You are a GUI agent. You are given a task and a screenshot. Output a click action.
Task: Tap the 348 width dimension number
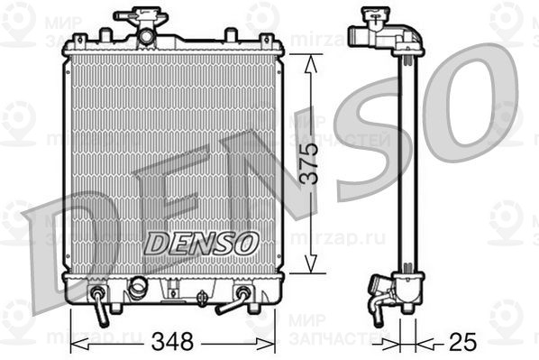[173, 342]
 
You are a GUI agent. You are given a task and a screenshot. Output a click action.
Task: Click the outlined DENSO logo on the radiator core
[203, 242]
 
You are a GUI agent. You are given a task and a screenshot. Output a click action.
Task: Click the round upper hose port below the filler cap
[145, 36]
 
